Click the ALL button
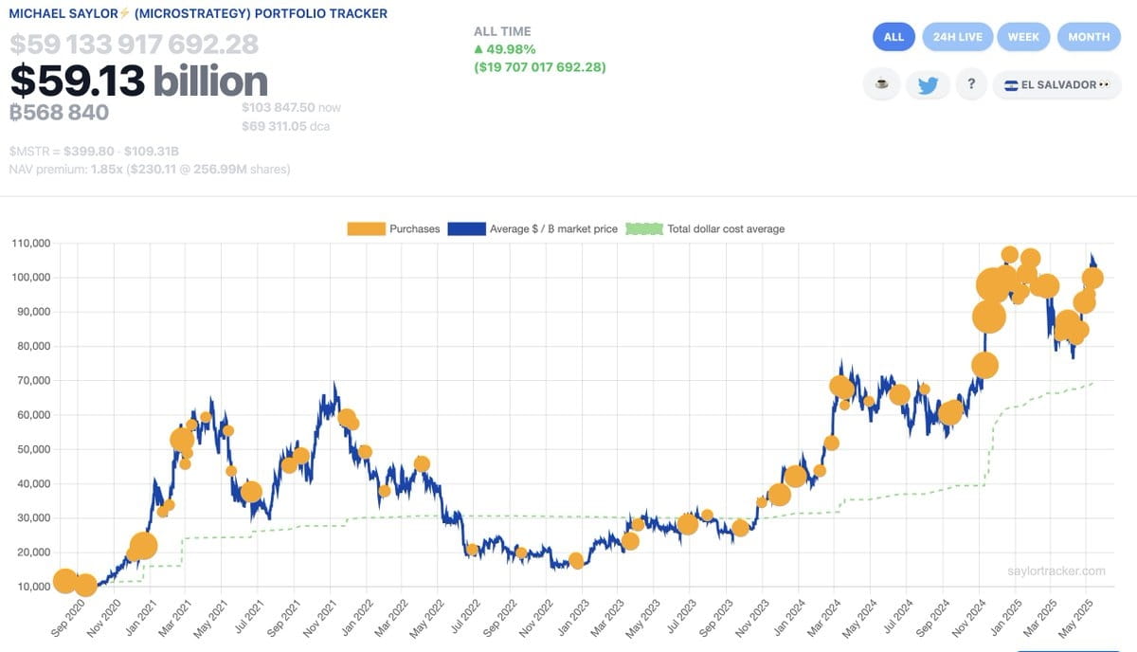(x=893, y=37)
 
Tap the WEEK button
(x=1023, y=37)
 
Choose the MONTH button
(x=1089, y=37)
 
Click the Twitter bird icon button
(x=928, y=84)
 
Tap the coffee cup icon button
(x=882, y=84)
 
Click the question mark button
(x=971, y=84)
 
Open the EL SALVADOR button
(x=1056, y=84)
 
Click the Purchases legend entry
(x=393, y=228)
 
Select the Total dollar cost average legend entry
(x=706, y=228)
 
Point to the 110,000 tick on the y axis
(x=30, y=244)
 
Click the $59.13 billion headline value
(x=139, y=81)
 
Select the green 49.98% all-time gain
(x=510, y=49)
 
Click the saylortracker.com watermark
(x=1056, y=570)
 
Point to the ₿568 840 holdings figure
(x=59, y=113)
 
